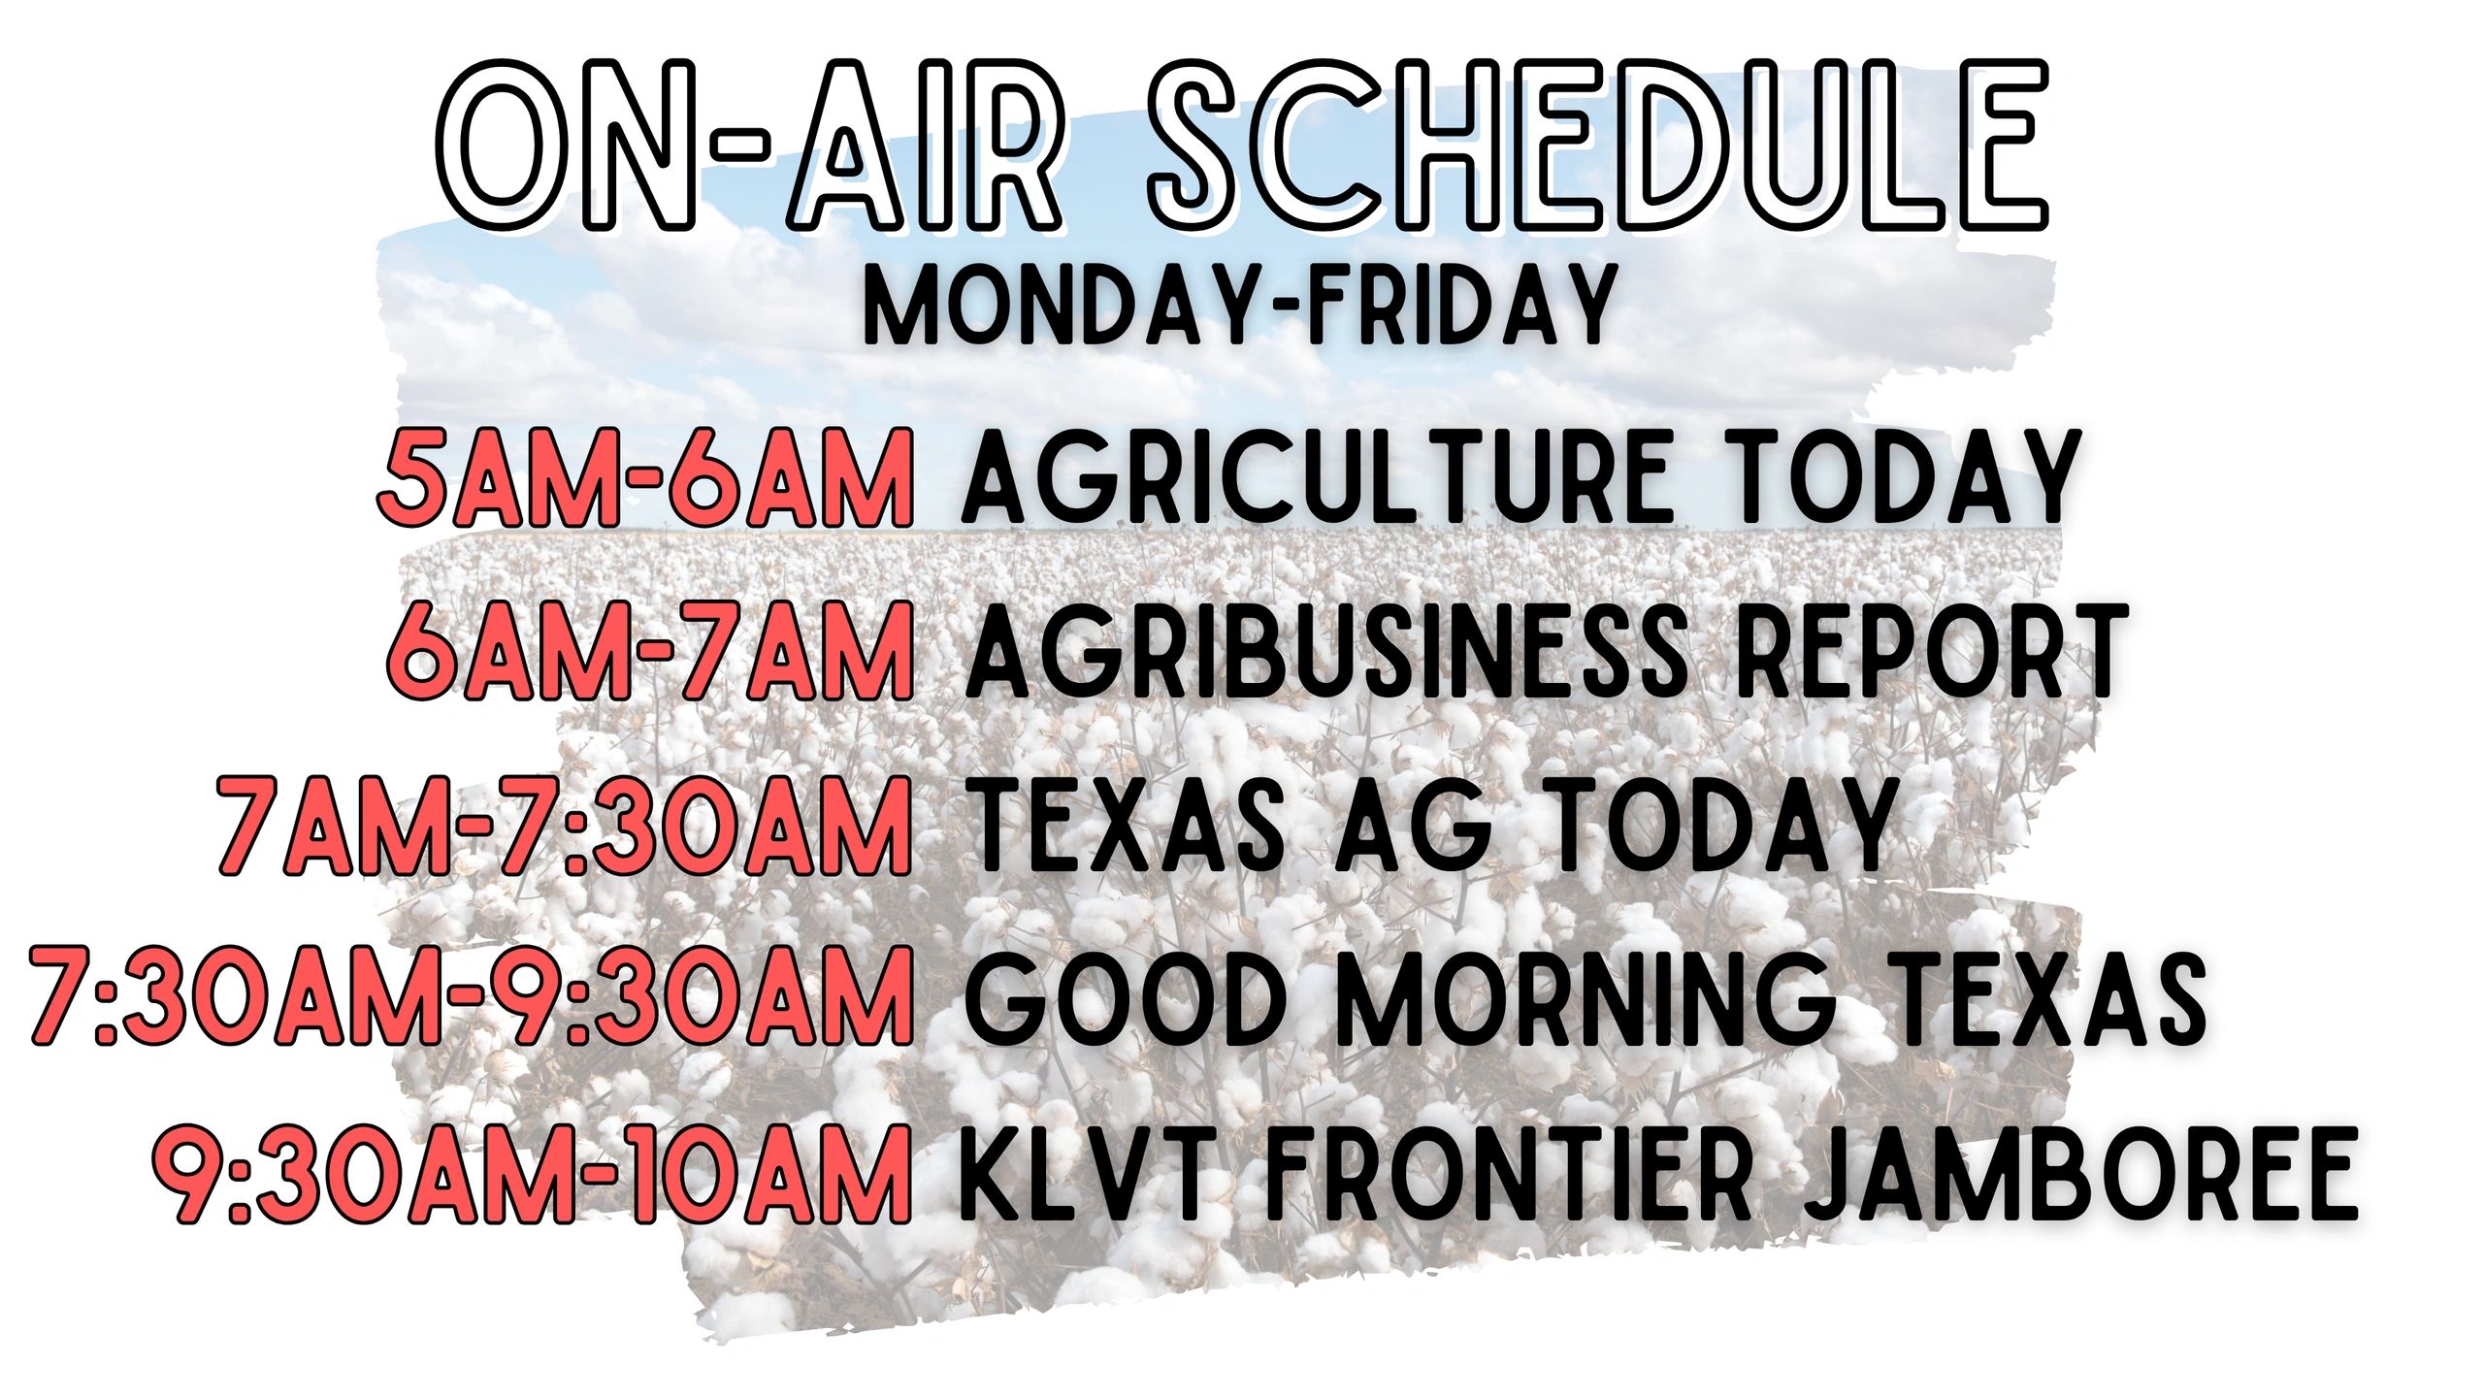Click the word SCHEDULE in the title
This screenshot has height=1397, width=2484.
pos(1598,145)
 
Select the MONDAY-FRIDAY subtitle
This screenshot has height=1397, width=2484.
pos(1240,306)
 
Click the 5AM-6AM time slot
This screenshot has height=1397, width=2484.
pos(645,478)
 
